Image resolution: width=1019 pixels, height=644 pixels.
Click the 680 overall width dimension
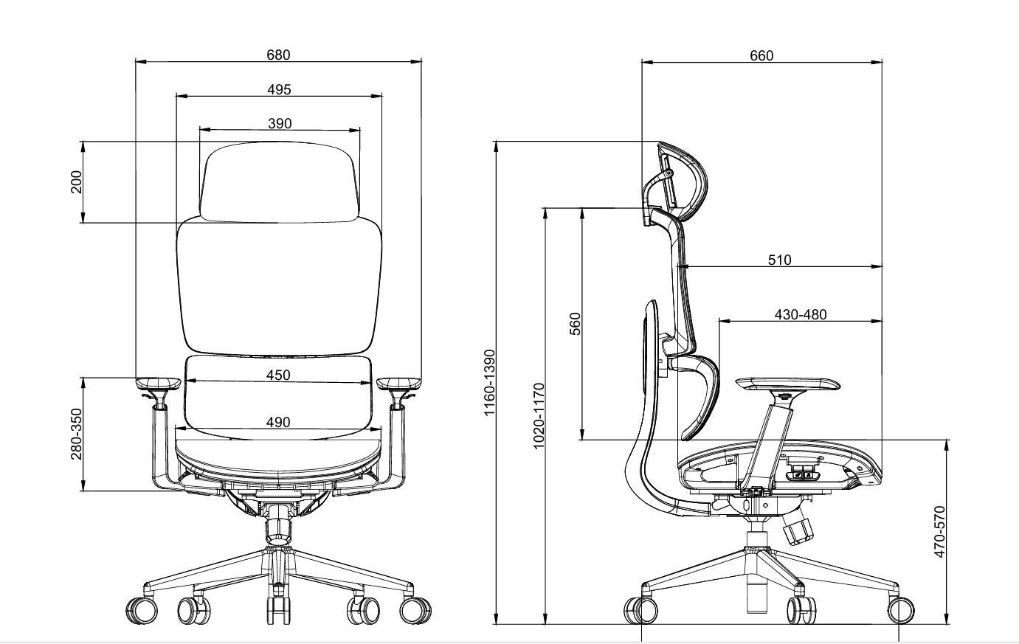[x=278, y=55]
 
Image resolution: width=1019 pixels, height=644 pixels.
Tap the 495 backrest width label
[x=279, y=89]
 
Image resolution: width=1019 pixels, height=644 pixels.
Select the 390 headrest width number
[x=280, y=123]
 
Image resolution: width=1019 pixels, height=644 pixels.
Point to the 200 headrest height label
[x=77, y=182]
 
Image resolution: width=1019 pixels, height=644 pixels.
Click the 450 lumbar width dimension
[x=278, y=375]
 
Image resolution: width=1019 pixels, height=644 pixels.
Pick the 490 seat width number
[x=278, y=423]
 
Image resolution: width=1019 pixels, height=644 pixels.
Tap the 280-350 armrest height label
[x=77, y=434]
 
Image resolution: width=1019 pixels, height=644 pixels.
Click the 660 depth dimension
[x=761, y=55]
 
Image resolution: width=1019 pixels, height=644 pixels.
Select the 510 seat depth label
[x=780, y=260]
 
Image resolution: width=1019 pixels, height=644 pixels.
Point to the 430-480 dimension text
[x=801, y=315]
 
